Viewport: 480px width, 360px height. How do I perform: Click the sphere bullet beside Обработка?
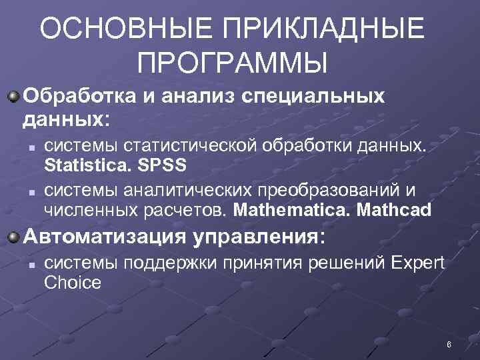point(13,97)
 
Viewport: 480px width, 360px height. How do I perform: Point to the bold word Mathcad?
point(394,211)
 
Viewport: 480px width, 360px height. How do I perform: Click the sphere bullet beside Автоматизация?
point(13,238)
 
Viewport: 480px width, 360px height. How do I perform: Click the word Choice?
point(73,283)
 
